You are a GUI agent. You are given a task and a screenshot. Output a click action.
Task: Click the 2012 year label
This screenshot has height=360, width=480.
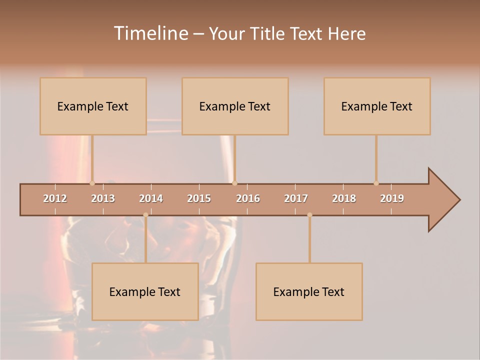(x=55, y=198)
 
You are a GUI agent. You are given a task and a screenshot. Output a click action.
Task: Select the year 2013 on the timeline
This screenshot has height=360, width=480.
(x=103, y=198)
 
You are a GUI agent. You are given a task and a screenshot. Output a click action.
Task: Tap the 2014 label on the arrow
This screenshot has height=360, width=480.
(x=151, y=198)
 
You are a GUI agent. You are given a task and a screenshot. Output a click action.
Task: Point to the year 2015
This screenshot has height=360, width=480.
(x=199, y=198)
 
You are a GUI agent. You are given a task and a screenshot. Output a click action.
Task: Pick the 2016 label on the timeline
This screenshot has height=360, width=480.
(x=248, y=198)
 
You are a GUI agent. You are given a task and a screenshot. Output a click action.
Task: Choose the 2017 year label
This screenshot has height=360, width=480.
(x=296, y=198)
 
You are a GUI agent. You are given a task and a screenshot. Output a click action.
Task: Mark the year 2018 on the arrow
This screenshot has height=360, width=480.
(x=344, y=198)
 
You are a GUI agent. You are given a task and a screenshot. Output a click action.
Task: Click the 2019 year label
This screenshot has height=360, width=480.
(x=392, y=198)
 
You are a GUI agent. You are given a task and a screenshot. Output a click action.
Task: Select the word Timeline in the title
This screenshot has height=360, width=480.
(x=149, y=33)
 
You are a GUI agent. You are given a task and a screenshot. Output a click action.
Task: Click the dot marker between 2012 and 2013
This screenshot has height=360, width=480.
(x=92, y=183)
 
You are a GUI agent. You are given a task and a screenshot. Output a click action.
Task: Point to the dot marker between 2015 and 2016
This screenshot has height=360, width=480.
(x=234, y=183)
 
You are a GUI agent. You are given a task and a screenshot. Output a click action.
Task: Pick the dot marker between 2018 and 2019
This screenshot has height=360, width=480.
(x=376, y=183)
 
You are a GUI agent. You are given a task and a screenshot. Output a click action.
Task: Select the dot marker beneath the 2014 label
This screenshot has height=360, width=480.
(x=145, y=215)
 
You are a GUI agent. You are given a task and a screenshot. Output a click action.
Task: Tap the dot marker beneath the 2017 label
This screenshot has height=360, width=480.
(x=309, y=215)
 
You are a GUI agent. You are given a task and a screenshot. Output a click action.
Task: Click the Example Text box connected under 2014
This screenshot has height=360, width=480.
(x=145, y=291)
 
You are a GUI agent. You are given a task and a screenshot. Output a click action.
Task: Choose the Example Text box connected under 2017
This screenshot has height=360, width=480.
(x=309, y=291)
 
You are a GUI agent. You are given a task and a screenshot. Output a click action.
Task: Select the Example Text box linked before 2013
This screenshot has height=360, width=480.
(x=93, y=106)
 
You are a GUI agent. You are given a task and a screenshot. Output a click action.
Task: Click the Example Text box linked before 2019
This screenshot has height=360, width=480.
(x=377, y=106)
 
